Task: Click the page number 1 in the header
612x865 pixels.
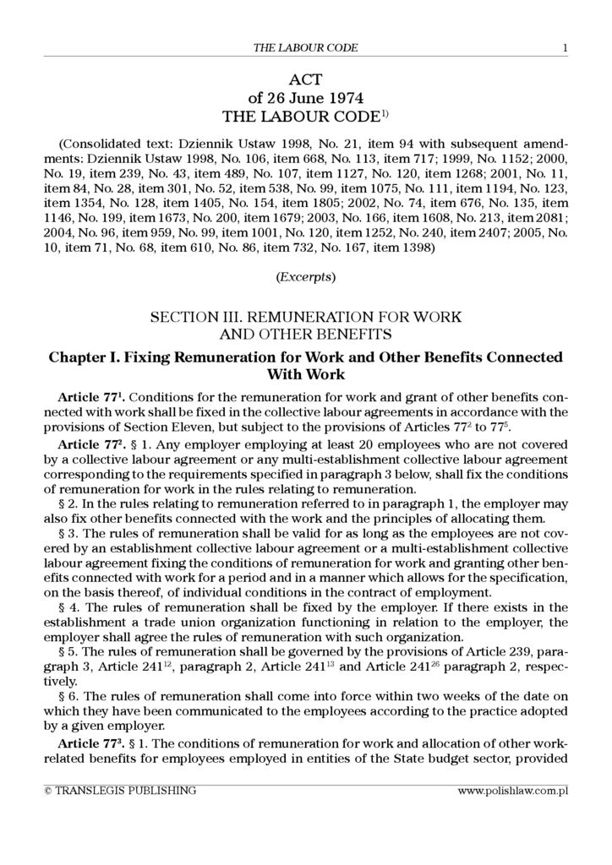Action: point(564,48)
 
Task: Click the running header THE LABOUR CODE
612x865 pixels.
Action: point(305,48)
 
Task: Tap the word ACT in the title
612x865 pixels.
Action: point(305,80)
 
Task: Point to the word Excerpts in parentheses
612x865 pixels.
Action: point(305,276)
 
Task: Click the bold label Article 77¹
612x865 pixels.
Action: point(91,396)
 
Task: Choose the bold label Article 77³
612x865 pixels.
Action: point(91,744)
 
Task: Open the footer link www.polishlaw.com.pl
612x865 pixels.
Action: point(512,791)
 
